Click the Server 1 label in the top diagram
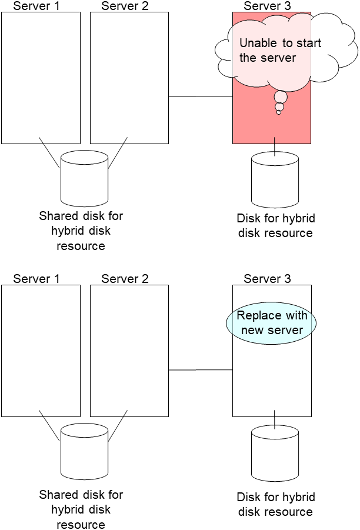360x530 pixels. [x=36, y=6]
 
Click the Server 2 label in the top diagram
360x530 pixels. [x=125, y=6]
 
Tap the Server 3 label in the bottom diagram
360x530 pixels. [x=267, y=279]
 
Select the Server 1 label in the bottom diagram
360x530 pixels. [x=36, y=279]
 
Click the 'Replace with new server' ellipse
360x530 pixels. [x=272, y=323]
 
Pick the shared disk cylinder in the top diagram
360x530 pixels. [x=84, y=177]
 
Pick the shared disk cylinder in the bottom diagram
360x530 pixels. [x=84, y=449]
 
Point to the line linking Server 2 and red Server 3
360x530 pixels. [x=200, y=96]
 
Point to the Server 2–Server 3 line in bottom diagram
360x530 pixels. [x=200, y=369]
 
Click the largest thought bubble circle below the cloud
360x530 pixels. [x=281, y=97]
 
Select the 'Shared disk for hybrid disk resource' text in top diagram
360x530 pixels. [x=81, y=231]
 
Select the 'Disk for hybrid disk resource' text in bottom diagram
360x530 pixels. [x=276, y=504]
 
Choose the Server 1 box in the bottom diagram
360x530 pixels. [x=41, y=351]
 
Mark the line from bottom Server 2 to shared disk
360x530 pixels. [x=118, y=426]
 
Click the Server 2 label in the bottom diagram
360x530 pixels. [x=125, y=279]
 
